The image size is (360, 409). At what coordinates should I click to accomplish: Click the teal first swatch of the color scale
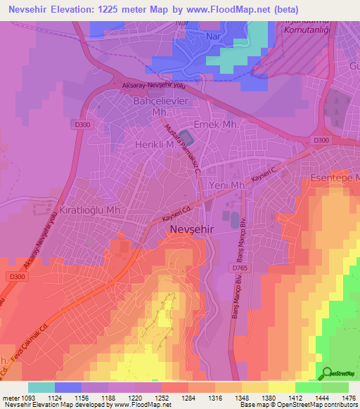pos(41,387)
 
